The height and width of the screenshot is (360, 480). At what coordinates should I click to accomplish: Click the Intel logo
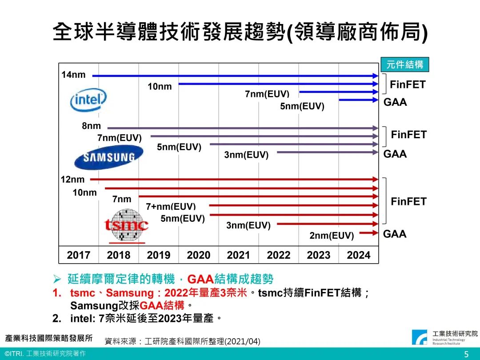click(88, 100)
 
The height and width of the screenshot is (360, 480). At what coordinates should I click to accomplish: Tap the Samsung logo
click(109, 157)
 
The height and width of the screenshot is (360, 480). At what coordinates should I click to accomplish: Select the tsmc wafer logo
click(126, 226)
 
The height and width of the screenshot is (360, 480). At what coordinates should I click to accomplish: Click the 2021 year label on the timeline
click(239, 255)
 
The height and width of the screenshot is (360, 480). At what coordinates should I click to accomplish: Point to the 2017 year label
click(78, 255)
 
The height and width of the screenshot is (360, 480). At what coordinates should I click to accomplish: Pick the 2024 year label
click(359, 255)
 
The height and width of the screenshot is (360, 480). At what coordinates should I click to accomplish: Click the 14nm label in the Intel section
click(73, 75)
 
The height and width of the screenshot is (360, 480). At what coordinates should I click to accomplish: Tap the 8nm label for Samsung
click(91, 126)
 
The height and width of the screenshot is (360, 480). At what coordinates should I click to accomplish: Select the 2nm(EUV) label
click(332, 236)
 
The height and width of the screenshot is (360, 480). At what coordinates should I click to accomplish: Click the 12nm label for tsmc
click(72, 180)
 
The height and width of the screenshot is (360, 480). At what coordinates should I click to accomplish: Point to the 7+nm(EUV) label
click(171, 207)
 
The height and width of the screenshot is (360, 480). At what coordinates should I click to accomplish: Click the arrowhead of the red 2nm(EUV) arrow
click(374, 233)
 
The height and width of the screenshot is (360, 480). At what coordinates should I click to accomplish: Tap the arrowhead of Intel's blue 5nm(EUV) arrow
click(374, 100)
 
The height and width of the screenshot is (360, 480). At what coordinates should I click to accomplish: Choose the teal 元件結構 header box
click(405, 64)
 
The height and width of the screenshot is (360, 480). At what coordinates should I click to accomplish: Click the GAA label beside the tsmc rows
click(395, 234)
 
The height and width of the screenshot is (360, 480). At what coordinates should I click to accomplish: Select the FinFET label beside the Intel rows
click(408, 84)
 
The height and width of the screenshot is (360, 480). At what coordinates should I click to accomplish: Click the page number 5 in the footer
click(466, 354)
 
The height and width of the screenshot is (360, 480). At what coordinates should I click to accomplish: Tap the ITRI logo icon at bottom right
click(420, 337)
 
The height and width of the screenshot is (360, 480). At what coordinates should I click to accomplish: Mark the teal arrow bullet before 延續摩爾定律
click(57, 279)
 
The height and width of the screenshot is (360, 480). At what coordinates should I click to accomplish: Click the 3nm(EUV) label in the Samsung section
click(246, 155)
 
